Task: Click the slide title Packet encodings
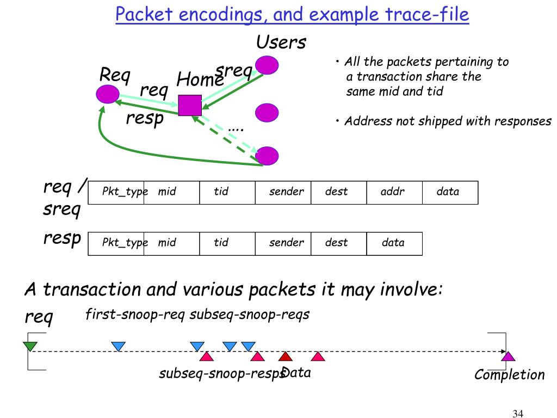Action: tap(292, 15)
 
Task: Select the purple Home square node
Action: tap(190, 105)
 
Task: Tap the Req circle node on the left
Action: tap(107, 95)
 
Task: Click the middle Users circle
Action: tap(267, 112)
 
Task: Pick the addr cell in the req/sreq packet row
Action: tap(394, 192)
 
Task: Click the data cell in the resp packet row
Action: tap(394, 243)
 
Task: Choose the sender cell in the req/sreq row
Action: tap(283, 192)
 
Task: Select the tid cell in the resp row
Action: tap(227, 243)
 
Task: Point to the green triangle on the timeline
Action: tap(30, 346)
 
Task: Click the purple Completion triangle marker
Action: tap(508, 356)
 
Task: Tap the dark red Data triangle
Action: tap(286, 356)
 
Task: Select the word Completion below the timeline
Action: tap(509, 374)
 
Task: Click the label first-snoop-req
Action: tap(136, 314)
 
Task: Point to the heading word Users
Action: tap(281, 42)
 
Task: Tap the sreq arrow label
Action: tap(234, 71)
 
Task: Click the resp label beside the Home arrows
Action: tap(145, 117)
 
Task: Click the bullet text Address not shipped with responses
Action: tap(447, 121)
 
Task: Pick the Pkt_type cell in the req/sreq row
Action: tap(116, 192)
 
